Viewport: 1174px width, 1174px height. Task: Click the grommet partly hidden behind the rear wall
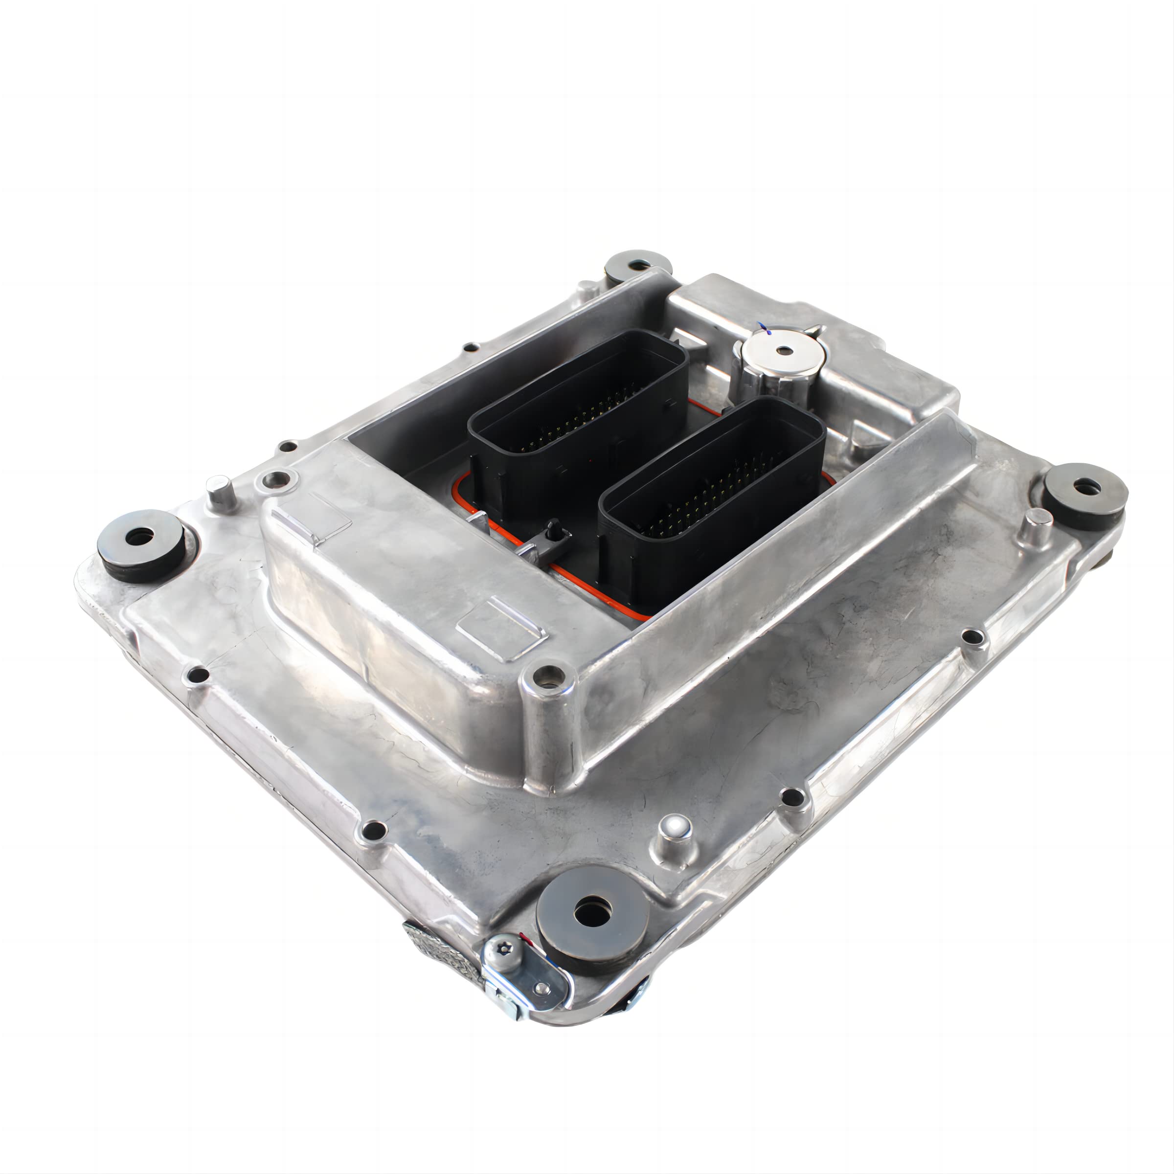point(637,266)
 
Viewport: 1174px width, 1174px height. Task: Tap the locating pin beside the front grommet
point(675,833)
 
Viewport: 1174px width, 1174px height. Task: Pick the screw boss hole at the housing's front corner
point(549,675)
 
